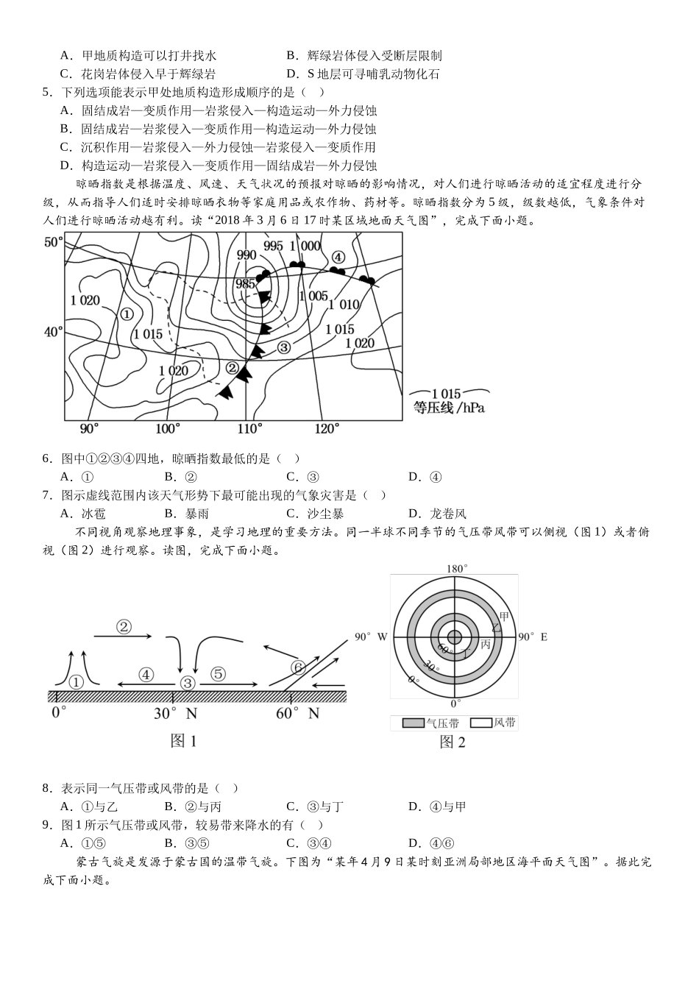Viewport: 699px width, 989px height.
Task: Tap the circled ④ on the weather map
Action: click(338, 257)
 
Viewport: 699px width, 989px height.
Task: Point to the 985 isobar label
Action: click(245, 284)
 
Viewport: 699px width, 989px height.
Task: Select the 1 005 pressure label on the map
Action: click(313, 296)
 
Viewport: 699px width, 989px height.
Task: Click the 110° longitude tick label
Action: click(249, 429)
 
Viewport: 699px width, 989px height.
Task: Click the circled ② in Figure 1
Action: click(124, 627)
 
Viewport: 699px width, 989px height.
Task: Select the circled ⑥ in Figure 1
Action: click(297, 667)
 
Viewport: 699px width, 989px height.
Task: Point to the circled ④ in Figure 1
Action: click(146, 674)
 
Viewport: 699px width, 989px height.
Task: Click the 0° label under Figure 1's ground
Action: click(60, 712)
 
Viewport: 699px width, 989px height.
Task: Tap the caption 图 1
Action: click(183, 741)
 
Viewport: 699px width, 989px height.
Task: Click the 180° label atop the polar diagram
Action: click(457, 568)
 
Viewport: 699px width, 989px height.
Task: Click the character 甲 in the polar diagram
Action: click(503, 616)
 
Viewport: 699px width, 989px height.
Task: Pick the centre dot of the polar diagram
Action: click(454, 637)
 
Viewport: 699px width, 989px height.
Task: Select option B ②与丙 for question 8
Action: click(193, 807)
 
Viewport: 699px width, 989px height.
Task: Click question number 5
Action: click(46, 92)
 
